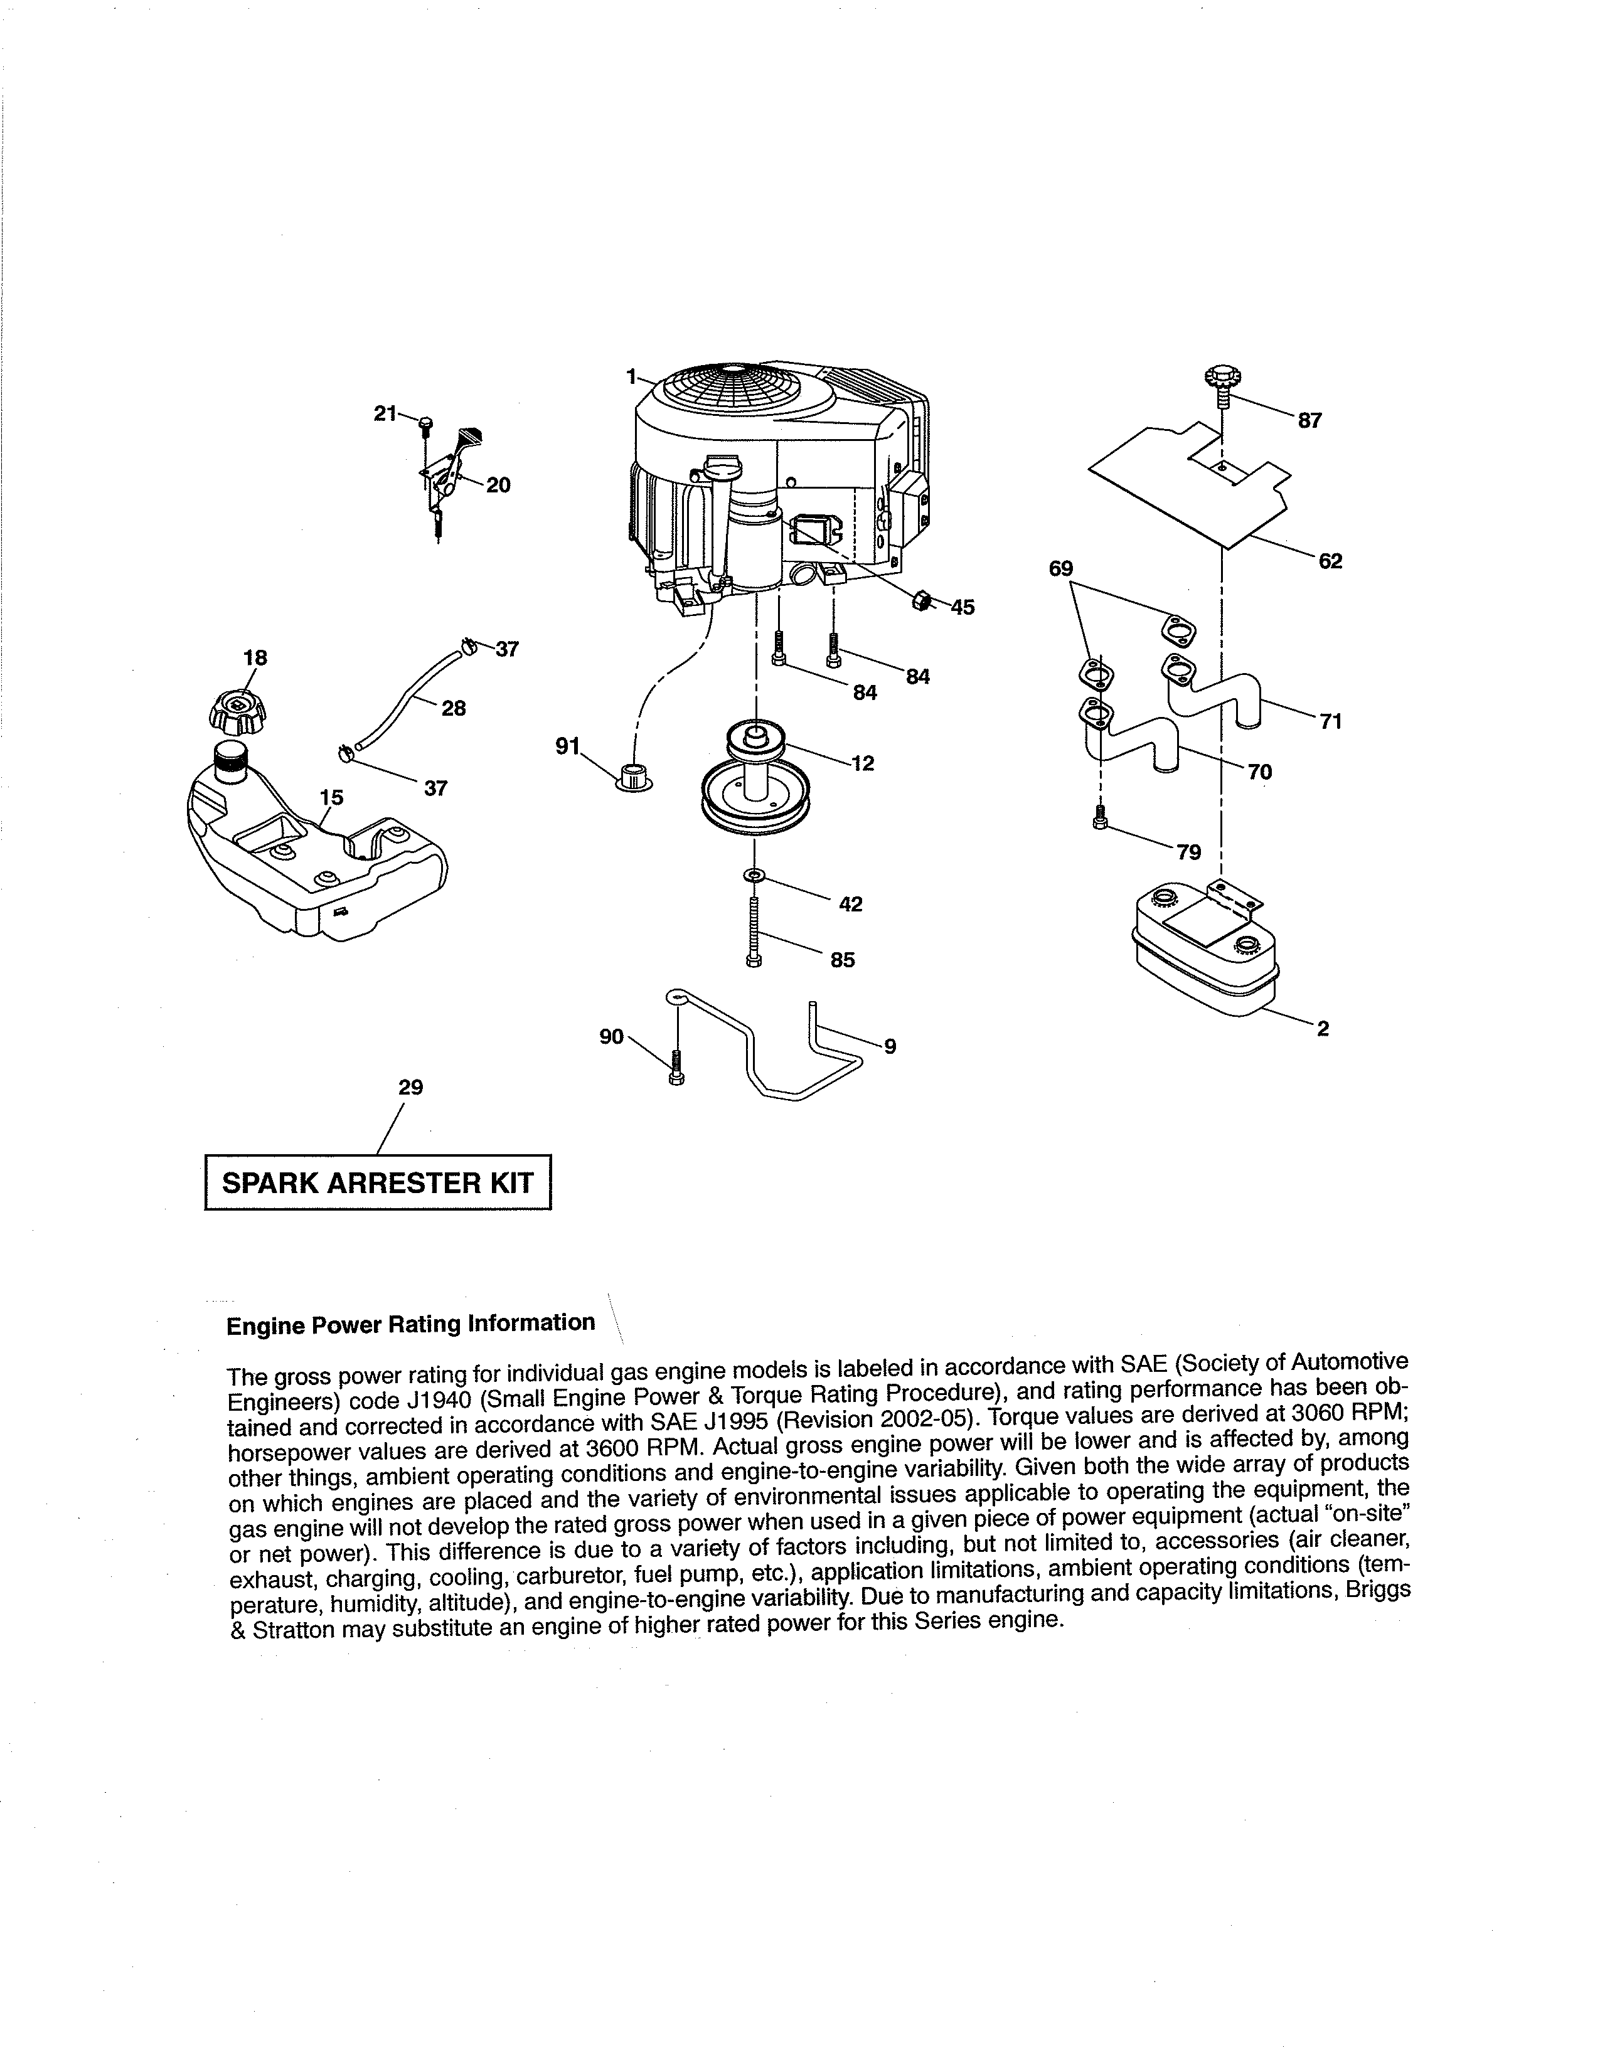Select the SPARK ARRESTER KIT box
[377, 1182]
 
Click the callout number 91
[567, 746]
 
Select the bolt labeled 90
[676, 1068]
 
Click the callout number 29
[410, 1087]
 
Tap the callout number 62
[1330, 561]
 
